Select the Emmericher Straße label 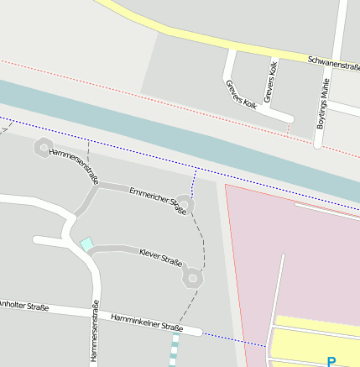157,202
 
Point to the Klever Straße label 160,256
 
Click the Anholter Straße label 23,306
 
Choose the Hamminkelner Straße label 147,322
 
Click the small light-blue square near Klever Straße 86,244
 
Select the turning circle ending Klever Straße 194,276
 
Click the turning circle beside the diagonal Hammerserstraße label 43,149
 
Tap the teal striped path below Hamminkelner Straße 175,349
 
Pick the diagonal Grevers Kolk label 241,95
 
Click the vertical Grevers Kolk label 270,82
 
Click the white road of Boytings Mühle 331,67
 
